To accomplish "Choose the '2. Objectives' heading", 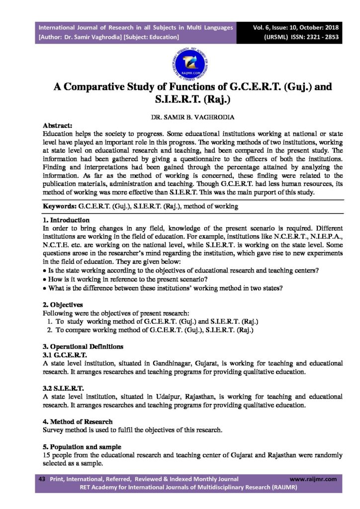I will tap(63, 304).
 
